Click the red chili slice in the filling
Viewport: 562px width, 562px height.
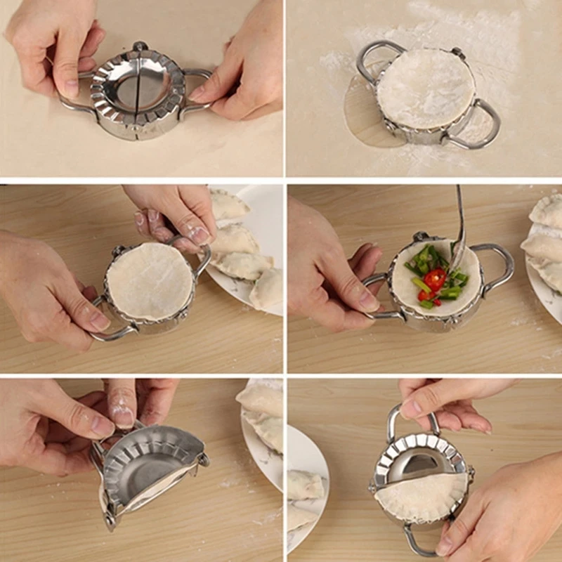click(x=435, y=280)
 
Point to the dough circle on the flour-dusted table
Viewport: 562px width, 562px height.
click(x=426, y=87)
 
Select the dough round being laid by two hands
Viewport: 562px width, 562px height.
click(x=150, y=282)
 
